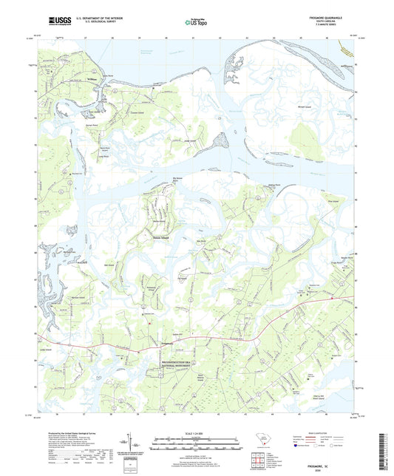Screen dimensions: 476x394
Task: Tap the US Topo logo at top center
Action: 196,22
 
